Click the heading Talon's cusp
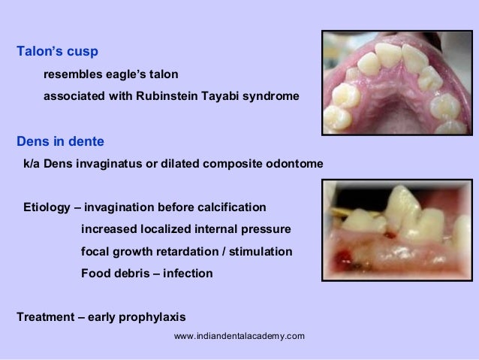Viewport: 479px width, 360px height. point(58,53)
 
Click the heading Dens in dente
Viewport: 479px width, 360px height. point(60,141)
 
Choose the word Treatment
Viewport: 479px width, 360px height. point(46,316)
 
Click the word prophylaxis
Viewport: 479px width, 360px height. point(140,316)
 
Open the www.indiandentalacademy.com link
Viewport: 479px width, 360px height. point(239,335)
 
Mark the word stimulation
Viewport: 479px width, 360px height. point(258,251)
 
